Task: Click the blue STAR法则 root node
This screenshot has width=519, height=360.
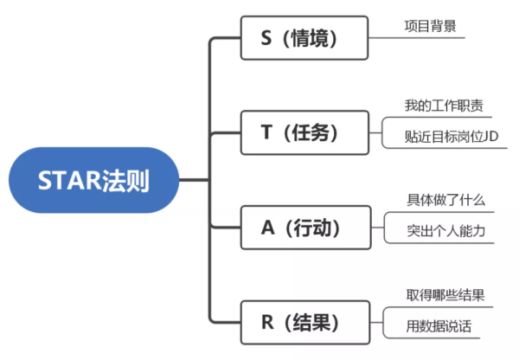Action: [x=93, y=181]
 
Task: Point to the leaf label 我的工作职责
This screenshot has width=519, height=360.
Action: [x=443, y=106]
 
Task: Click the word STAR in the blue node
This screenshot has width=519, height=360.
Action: [x=69, y=181]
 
